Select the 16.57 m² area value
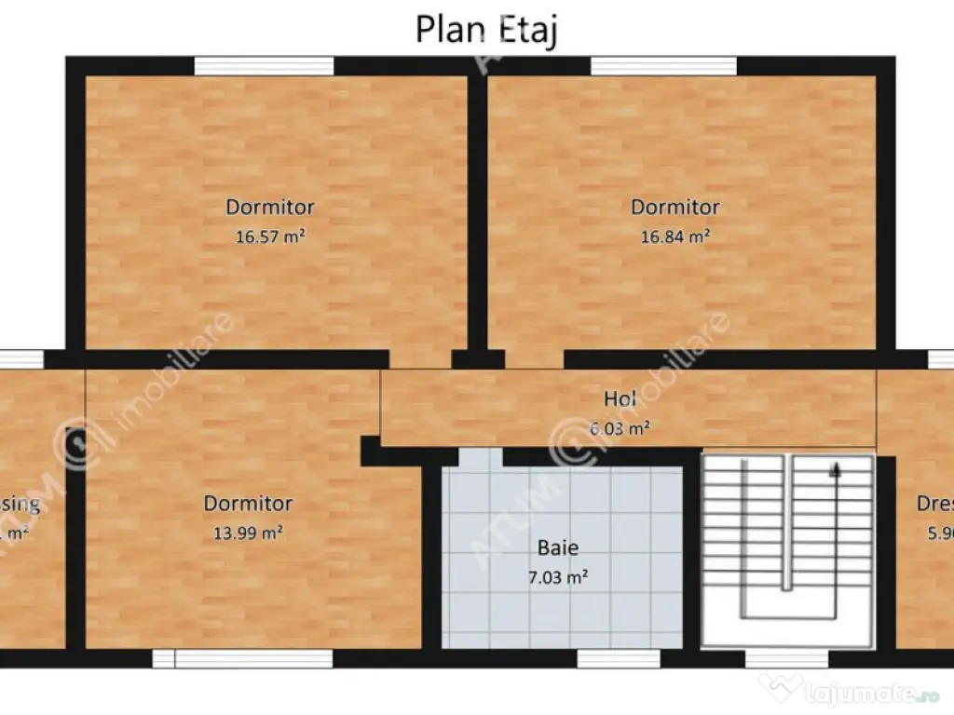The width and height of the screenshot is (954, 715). click(x=270, y=236)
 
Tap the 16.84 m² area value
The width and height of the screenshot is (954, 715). click(x=675, y=236)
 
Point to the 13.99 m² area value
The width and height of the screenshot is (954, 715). click(x=248, y=533)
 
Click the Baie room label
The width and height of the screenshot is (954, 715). click(x=557, y=547)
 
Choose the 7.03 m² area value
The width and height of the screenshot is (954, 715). click(x=557, y=577)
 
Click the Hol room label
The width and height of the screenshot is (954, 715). click(x=620, y=398)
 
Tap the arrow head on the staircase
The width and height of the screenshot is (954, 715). click(x=835, y=469)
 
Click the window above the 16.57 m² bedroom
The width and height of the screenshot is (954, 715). click(x=264, y=66)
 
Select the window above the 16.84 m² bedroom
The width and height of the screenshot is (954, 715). click(x=663, y=66)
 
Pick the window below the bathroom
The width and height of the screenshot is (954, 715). click(x=606, y=659)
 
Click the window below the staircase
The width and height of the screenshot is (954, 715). click(x=786, y=659)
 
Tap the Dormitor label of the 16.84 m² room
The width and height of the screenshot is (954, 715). click(x=675, y=207)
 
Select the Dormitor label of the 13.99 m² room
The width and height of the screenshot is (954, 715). click(x=248, y=504)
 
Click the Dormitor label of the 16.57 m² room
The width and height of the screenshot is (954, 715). click(x=270, y=207)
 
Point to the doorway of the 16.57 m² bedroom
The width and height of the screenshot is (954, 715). click(x=420, y=359)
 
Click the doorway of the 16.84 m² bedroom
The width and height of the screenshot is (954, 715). click(x=535, y=359)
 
